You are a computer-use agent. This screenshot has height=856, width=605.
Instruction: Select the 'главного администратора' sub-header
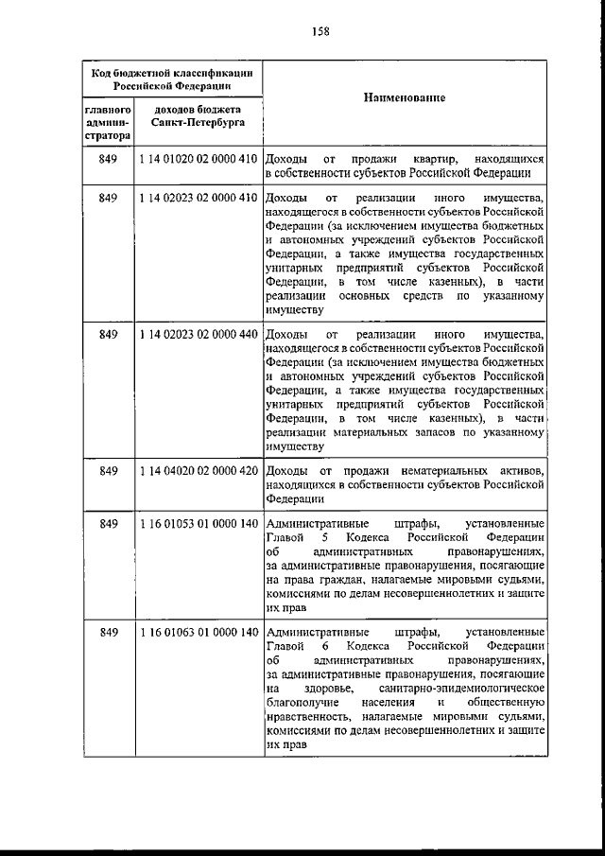107,123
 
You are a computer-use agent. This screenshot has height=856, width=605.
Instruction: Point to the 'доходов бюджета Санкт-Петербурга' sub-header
199,116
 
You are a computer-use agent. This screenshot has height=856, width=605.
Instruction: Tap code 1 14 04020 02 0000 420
199,471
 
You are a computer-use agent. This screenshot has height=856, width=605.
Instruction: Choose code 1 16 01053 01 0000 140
199,524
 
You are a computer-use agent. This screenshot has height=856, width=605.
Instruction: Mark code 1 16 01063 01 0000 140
199,632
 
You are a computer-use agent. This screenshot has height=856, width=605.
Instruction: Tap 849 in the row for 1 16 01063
108,632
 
